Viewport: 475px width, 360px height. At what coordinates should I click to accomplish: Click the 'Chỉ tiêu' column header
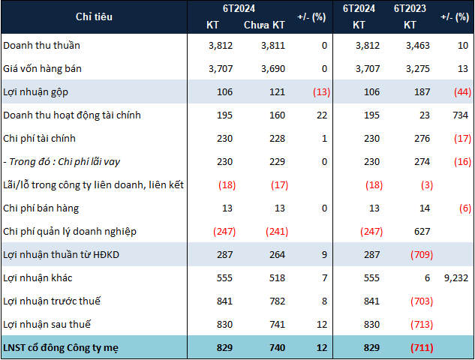tap(94, 16)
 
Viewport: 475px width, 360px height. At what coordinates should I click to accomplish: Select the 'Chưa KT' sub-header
tap(264, 25)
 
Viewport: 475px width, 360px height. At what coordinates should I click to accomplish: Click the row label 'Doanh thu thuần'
tap(41, 45)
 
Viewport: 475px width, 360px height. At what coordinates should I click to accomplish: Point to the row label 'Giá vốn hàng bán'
tap(43, 68)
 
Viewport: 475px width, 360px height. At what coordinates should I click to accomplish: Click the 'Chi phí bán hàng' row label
tap(41, 208)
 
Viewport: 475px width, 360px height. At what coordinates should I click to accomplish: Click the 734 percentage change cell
tap(458, 115)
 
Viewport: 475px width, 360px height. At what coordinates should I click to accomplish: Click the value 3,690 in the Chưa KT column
tap(272, 68)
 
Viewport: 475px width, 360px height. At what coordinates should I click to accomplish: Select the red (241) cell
tap(271, 231)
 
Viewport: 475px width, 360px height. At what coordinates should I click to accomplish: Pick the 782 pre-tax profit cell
tap(275, 301)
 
